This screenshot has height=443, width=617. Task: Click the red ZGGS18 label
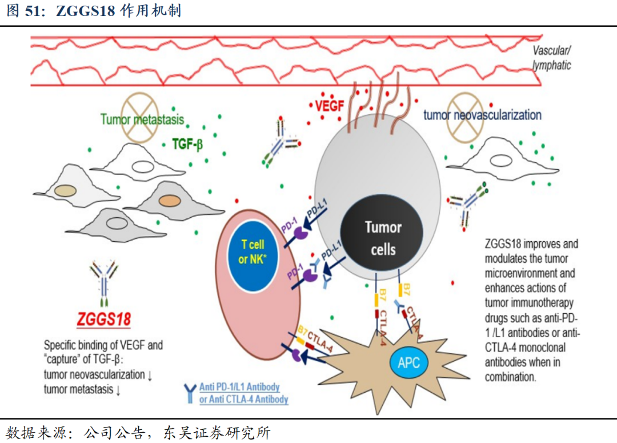coord(104,319)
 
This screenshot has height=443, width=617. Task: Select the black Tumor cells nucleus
coord(382,238)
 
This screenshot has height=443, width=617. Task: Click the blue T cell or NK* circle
coord(253,252)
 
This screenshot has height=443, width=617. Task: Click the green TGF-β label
coord(187,145)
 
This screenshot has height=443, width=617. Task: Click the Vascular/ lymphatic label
coord(551,58)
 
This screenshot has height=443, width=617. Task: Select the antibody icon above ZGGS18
coord(104,280)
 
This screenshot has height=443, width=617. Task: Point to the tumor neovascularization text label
coord(482,115)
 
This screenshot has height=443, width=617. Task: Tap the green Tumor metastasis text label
coord(142,119)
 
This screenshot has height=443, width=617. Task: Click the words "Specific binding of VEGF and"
coord(103,345)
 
